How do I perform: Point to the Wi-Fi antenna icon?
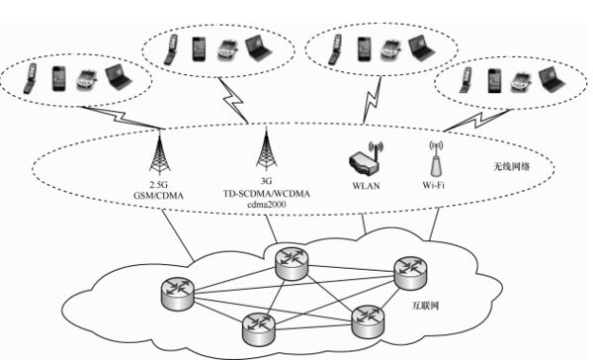click(433, 158)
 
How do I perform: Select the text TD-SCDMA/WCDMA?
click(265, 195)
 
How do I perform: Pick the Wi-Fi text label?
click(434, 184)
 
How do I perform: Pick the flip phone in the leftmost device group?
click(30, 76)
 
